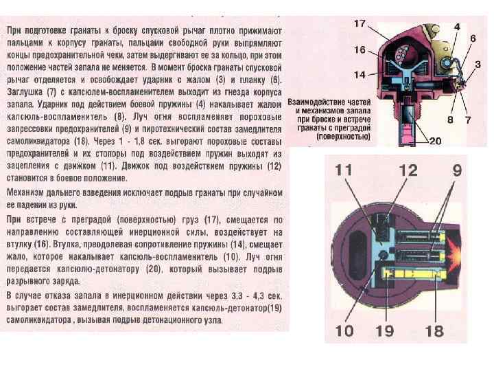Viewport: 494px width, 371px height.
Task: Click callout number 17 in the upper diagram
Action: click(x=360, y=23)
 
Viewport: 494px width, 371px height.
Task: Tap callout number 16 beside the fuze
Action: click(x=360, y=49)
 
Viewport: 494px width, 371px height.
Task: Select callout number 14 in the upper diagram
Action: click(x=360, y=74)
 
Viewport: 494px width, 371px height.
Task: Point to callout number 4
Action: click(x=456, y=26)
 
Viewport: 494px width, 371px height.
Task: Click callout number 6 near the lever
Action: click(x=473, y=39)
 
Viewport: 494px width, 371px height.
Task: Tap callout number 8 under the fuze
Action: click(x=450, y=120)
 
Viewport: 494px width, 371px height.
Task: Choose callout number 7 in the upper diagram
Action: click(x=467, y=120)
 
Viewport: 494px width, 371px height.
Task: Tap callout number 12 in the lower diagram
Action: click(x=408, y=170)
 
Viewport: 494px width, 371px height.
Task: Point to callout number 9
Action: click(x=456, y=170)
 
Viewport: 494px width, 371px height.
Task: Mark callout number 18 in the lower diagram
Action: click(x=434, y=332)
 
